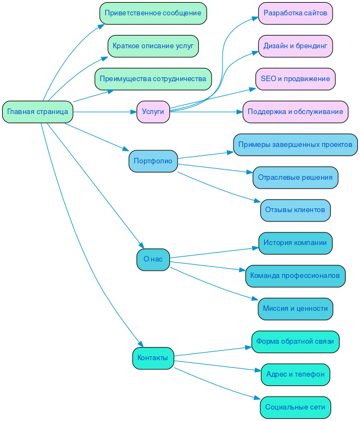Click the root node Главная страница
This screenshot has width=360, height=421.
(37, 112)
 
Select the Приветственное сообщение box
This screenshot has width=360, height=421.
(153, 13)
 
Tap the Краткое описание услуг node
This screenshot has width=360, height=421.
(153, 46)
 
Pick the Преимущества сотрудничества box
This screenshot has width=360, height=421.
(153, 79)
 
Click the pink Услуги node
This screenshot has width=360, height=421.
(153, 112)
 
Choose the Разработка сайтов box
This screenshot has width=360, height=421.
(295, 13)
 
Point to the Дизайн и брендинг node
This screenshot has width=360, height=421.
(295, 46)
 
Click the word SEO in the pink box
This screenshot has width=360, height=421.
(268, 79)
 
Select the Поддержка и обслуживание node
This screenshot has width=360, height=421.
(295, 112)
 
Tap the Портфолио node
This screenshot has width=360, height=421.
(153, 161)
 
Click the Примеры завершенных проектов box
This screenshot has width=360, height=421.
(295, 145)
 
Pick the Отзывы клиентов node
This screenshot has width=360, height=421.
(295, 210)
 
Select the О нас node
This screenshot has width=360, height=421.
(153, 259)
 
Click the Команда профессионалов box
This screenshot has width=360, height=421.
(295, 276)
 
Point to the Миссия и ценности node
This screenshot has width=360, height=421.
(295, 309)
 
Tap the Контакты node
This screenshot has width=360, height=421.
(153, 358)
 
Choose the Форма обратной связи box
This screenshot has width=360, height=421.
(295, 342)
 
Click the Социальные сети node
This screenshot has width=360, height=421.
(295, 407)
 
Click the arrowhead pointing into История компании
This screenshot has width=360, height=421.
(255, 248)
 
